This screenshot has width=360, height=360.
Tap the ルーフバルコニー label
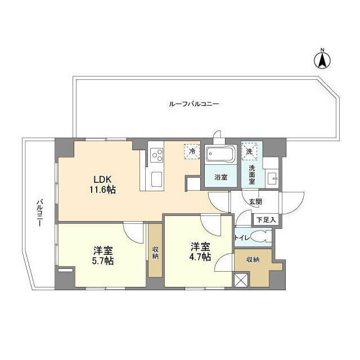(x=193, y=104)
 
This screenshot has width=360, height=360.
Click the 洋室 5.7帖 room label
(x=103, y=256)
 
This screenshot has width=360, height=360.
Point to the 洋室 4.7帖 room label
(x=200, y=251)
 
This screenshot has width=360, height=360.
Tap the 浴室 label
(x=220, y=177)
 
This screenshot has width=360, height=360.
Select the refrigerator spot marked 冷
(x=192, y=151)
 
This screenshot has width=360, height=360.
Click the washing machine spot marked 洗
(x=249, y=150)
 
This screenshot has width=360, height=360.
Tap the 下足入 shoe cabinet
(x=262, y=219)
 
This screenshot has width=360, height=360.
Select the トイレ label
(x=242, y=237)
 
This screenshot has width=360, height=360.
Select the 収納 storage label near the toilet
(x=253, y=259)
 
